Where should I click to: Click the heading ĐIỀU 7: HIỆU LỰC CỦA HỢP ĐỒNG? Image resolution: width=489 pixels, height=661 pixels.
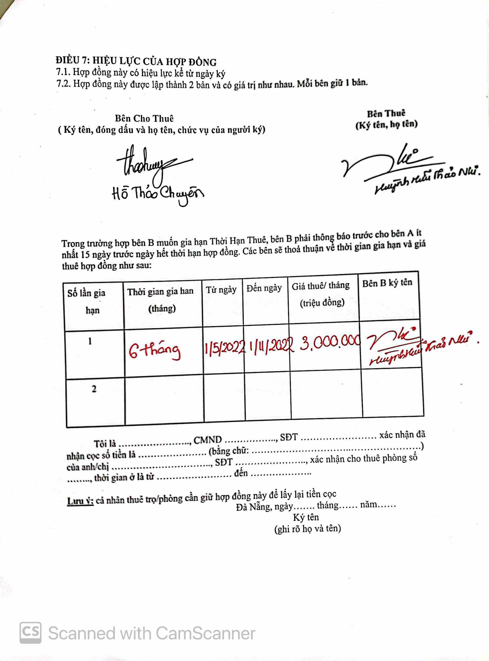pyautogui.click(x=136, y=61)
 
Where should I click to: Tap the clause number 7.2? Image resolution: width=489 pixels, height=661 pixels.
pyautogui.click(x=63, y=85)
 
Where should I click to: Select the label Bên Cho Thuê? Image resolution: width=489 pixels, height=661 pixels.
pyautogui.click(x=144, y=119)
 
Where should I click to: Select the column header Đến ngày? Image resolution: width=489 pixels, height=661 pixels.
pyautogui.click(x=264, y=288)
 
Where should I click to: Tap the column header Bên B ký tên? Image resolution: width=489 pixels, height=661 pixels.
pyautogui.click(x=387, y=283)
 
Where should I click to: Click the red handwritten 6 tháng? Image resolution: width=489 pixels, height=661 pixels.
pyautogui.click(x=154, y=350)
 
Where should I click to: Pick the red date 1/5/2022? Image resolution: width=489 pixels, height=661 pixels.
pyautogui.click(x=224, y=346)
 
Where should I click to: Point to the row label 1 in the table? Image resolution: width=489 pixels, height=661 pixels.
pyautogui.click(x=90, y=342)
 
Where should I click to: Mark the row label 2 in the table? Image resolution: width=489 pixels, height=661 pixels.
pyautogui.click(x=94, y=389)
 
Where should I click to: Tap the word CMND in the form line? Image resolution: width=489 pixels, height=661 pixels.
pyautogui.click(x=208, y=440)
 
